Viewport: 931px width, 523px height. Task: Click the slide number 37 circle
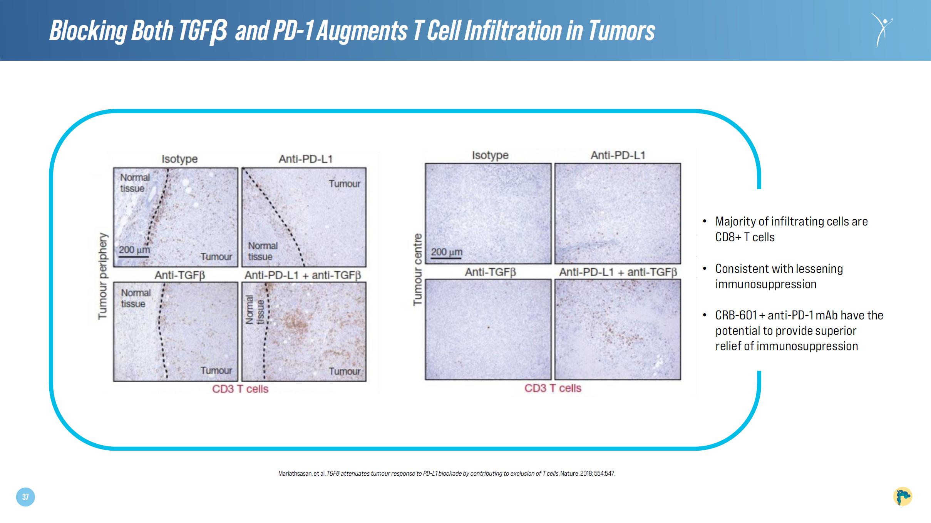click(x=25, y=497)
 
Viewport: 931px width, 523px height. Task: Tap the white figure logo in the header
click(x=881, y=30)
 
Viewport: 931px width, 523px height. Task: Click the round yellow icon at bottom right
click(x=903, y=496)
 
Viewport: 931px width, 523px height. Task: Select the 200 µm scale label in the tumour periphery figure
click(x=134, y=249)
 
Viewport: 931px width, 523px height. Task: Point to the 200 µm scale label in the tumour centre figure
click(x=446, y=252)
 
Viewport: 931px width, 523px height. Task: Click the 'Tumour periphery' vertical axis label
click(x=102, y=276)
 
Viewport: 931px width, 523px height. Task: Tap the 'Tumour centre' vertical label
click(x=417, y=269)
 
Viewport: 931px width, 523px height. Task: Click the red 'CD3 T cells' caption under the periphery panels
click(x=240, y=389)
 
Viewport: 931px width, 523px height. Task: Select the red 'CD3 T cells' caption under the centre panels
click(x=553, y=388)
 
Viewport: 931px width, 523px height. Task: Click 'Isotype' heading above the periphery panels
click(x=179, y=159)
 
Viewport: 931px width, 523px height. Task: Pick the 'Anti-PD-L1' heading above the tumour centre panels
click(x=618, y=155)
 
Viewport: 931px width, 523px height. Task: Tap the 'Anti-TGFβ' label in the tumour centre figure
click(x=490, y=272)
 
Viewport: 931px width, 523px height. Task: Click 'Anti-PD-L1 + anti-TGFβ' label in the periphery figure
click(x=303, y=276)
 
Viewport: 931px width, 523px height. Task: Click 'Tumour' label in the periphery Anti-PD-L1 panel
click(x=345, y=184)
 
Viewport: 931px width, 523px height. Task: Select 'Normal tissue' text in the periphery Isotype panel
click(x=135, y=183)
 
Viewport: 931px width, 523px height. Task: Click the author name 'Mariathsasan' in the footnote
click(x=295, y=474)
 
